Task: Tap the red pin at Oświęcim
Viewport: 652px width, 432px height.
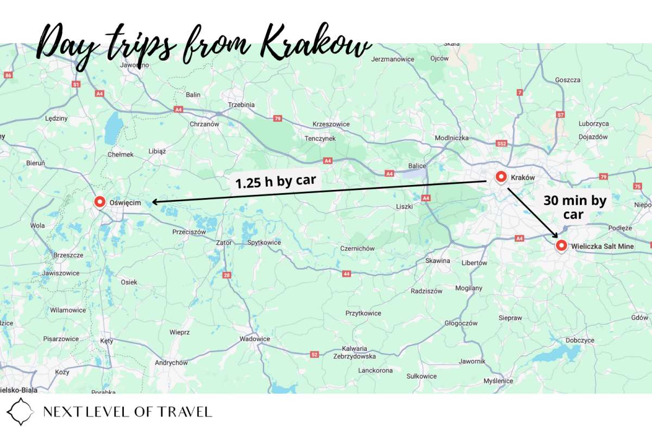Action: click(x=100, y=202)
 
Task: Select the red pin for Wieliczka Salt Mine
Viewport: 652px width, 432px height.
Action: click(x=561, y=245)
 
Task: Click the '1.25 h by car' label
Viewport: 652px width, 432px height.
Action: click(x=275, y=182)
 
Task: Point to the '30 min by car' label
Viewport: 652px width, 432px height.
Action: click(x=574, y=207)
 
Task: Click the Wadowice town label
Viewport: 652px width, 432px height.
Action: click(x=255, y=339)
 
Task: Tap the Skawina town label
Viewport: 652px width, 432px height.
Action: click(x=438, y=261)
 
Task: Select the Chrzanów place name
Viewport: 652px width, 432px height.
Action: click(x=204, y=124)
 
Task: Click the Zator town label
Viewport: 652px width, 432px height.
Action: click(x=224, y=243)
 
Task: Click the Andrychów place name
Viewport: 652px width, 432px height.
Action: click(x=171, y=363)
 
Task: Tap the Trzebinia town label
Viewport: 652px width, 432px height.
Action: click(x=241, y=104)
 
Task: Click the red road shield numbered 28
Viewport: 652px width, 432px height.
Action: click(x=227, y=275)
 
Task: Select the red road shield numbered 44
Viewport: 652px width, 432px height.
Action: click(x=347, y=274)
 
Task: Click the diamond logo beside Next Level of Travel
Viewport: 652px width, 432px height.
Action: click(x=20, y=411)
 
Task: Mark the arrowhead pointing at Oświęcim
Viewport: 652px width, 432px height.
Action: click(x=154, y=202)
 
